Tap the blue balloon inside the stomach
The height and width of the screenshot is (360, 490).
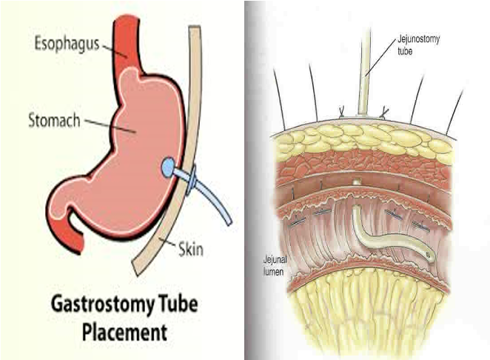(170, 166)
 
